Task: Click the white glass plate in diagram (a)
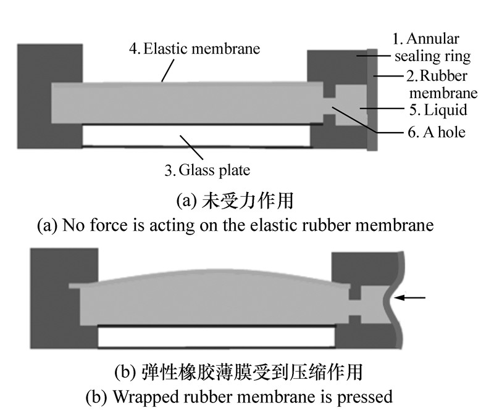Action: click(x=196, y=136)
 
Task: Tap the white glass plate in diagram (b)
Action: click(x=216, y=336)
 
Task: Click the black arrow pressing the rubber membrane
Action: click(x=410, y=298)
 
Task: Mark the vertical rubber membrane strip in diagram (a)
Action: click(x=372, y=99)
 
